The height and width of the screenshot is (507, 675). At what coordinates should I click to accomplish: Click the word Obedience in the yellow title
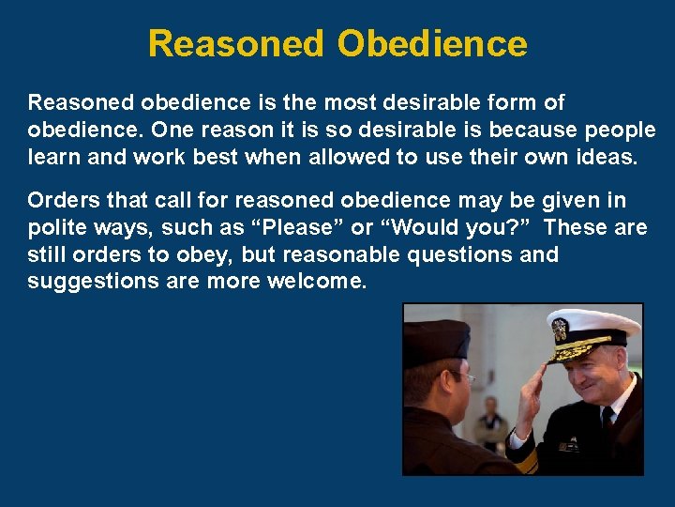(x=432, y=44)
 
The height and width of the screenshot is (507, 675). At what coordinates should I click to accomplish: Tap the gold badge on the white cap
(x=560, y=330)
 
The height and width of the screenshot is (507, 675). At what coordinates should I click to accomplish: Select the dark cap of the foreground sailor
(x=436, y=341)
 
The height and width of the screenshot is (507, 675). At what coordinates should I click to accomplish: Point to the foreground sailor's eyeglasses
(x=462, y=376)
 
